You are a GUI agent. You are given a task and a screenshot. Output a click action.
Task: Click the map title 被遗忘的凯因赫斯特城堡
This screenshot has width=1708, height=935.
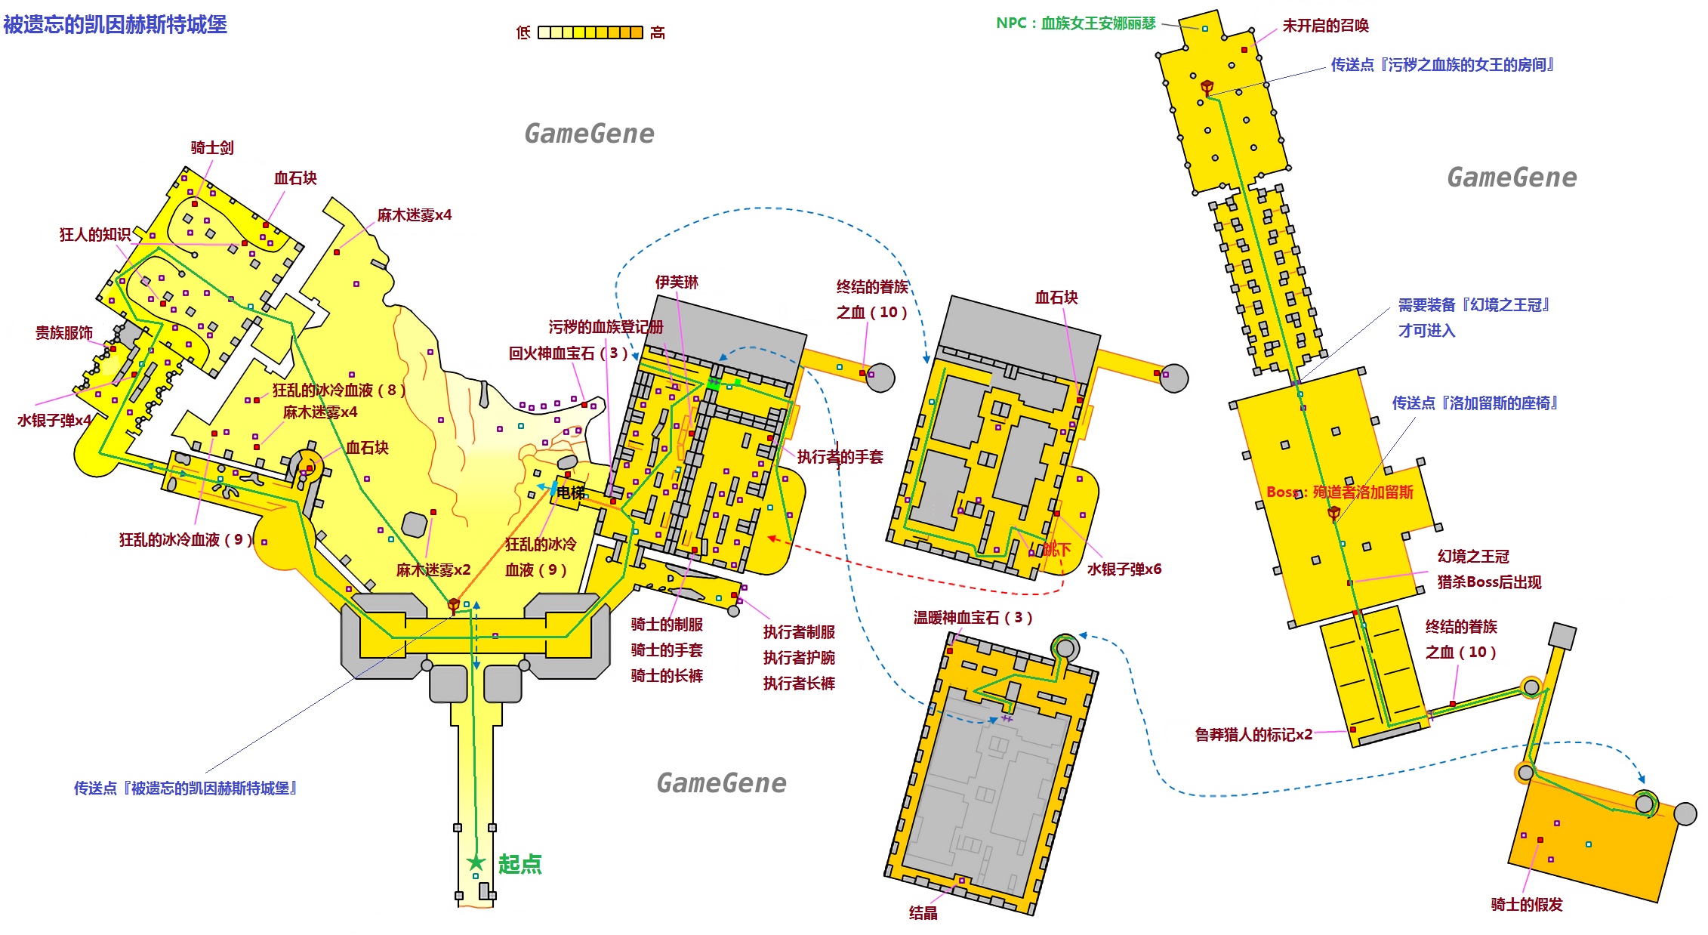coord(116,25)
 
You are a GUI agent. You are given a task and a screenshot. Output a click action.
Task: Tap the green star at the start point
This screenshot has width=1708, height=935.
coord(476,862)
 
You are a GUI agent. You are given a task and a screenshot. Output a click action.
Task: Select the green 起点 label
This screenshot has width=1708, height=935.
coord(520,864)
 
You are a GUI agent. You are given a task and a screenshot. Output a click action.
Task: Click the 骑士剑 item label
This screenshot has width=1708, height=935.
coord(212,148)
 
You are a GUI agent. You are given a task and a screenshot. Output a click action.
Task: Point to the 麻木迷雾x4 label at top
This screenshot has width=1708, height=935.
coord(415,215)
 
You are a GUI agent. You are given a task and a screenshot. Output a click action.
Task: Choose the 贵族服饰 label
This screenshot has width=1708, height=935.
coord(64,333)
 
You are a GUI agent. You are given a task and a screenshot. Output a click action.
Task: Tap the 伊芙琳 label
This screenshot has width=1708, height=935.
coord(677,282)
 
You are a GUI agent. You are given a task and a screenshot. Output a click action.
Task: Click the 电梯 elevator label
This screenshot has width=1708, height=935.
coord(571,493)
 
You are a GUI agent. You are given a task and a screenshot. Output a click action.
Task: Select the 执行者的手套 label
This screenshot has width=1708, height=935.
coord(840,457)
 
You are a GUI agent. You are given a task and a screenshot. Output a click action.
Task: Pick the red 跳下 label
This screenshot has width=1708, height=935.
coord(1057,549)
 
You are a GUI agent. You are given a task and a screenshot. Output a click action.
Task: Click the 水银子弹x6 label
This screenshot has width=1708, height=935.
coord(1124,569)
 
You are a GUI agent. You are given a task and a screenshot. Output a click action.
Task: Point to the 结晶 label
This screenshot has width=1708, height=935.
coord(923,913)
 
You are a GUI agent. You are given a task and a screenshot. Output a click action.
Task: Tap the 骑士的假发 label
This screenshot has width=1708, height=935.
coord(1527,905)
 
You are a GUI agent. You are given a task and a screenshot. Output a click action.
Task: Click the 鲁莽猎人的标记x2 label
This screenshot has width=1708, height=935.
coord(1253,735)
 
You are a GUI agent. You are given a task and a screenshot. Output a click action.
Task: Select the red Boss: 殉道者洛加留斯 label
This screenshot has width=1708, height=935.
coord(1340,492)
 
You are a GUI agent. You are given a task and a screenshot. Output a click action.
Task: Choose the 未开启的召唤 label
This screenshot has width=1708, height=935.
coord(1326,26)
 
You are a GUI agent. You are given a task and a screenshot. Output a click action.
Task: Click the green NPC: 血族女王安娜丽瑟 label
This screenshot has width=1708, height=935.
coord(1076,23)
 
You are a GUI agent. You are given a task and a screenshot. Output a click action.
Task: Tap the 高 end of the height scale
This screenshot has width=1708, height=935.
coord(658,32)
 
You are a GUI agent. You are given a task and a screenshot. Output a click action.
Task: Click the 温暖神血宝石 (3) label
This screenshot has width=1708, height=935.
coord(973,618)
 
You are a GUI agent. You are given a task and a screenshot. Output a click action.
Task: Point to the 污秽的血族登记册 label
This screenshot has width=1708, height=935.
coord(606,327)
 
